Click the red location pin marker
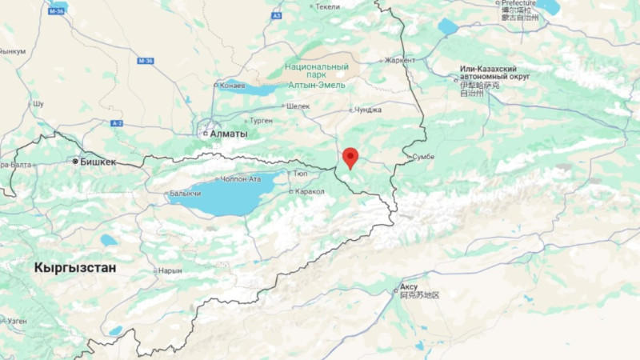coord(350,157)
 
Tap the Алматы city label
coord(230,134)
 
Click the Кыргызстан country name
coord(75,268)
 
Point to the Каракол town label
coord(310,192)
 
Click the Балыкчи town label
coord(185,194)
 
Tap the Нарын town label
coord(170,270)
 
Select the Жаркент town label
coord(400,60)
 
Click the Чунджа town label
coord(368,110)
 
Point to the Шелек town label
coord(297,106)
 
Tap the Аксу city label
coord(409,286)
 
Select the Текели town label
coord(327,6)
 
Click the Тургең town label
coord(261,121)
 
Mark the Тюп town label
coord(302,174)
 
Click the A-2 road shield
coord(117,123)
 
